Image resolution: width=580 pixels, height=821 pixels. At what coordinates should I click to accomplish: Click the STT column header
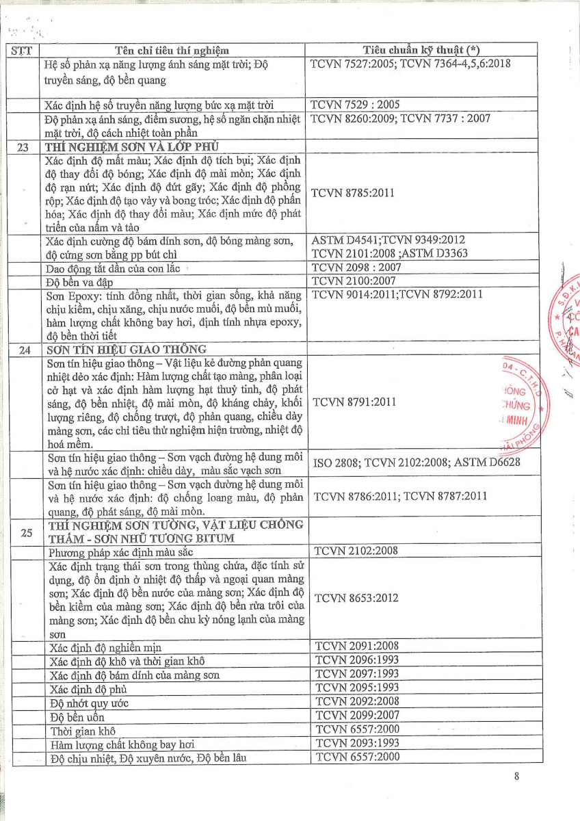[25, 51]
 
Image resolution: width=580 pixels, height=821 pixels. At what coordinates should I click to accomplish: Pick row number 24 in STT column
[25, 350]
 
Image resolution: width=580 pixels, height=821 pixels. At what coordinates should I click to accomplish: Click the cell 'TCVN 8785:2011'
[352, 193]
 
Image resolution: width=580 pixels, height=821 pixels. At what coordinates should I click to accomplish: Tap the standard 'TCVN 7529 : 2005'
[355, 105]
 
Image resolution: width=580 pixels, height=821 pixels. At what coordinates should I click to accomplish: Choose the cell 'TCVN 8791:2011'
[354, 402]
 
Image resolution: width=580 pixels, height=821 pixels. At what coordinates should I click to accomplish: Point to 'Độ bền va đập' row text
[79, 282]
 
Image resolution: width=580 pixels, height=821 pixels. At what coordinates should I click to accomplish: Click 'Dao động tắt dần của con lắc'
[113, 268]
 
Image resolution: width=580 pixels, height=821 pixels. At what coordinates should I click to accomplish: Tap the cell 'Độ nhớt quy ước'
[90, 703]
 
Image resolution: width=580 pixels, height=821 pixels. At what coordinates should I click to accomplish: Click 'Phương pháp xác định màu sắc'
[118, 551]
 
